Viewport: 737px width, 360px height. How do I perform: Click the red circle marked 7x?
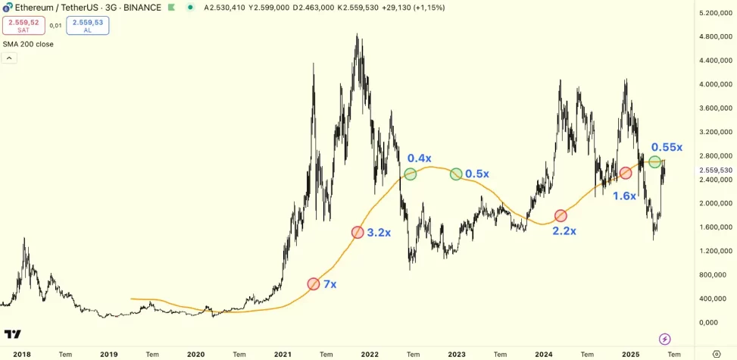tap(314, 284)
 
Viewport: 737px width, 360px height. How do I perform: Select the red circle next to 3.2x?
tap(358, 232)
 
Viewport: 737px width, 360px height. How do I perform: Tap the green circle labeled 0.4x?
tap(410, 174)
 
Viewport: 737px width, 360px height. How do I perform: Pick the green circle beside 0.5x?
tap(456, 174)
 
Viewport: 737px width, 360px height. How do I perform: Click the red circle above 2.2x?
tap(561, 216)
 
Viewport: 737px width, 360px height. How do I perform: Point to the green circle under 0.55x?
tap(654, 161)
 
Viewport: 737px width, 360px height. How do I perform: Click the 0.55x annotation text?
tap(667, 147)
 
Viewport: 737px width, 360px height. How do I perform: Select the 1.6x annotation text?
tap(624, 196)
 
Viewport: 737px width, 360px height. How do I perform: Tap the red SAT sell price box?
tap(23, 26)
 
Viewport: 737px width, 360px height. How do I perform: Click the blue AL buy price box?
tap(88, 26)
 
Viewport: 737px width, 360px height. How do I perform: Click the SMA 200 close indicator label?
tap(29, 44)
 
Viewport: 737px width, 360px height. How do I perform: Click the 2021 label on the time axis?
tap(283, 354)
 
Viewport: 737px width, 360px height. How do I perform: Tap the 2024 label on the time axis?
tap(544, 354)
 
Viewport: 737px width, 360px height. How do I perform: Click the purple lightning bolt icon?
tap(665, 339)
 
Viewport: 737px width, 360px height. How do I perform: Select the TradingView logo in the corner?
tap(13, 334)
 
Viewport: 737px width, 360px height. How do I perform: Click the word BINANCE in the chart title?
tap(142, 8)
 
